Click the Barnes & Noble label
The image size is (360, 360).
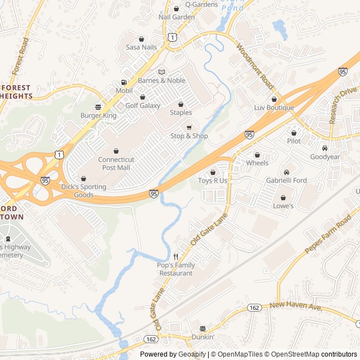pyautogui.click(x=161, y=80)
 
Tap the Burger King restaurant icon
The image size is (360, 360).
pyautogui.click(x=98, y=107)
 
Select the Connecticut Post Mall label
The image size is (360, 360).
pyautogui.click(x=116, y=163)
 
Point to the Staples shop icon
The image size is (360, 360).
pyautogui.click(x=181, y=104)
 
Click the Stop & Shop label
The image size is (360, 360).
pyautogui.click(x=189, y=136)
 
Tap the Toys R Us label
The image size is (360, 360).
pyautogui.click(x=213, y=181)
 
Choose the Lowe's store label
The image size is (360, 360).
pyautogui.click(x=283, y=206)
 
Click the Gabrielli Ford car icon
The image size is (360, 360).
pyautogui.click(x=286, y=172)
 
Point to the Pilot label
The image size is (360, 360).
pyautogui.click(x=294, y=141)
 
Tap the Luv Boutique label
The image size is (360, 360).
pyautogui.click(x=274, y=107)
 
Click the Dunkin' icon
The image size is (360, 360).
pyautogui.click(x=203, y=328)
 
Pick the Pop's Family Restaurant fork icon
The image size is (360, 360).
pyautogui.click(x=176, y=256)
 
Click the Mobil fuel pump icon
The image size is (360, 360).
pyautogui.click(x=124, y=82)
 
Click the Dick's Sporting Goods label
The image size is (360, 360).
pyautogui.click(x=83, y=191)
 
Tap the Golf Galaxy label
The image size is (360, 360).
pyautogui.click(x=142, y=105)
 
